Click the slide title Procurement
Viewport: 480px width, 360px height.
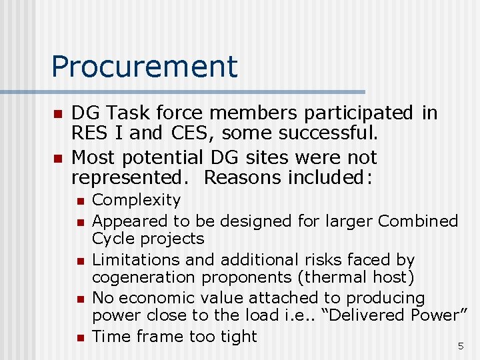tap(144, 67)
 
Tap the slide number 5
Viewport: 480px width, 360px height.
tap(460, 346)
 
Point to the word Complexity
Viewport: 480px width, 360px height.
tap(136, 200)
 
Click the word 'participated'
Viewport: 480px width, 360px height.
tap(342, 113)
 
